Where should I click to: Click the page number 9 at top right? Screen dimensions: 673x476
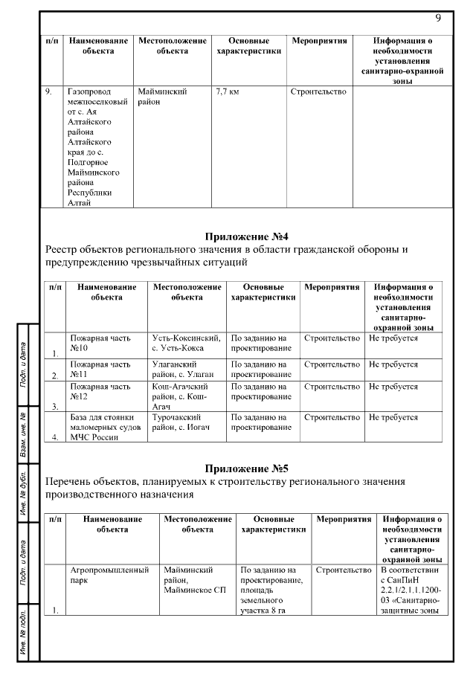coord(438,17)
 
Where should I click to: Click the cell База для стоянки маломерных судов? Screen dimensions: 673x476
coord(103,427)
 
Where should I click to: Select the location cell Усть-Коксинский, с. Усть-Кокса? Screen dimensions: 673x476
coord(185,343)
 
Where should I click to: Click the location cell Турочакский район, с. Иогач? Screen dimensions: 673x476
coord(182,422)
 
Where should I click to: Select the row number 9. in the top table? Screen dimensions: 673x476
coord(48,91)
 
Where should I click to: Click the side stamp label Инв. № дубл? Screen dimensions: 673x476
coord(24,495)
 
